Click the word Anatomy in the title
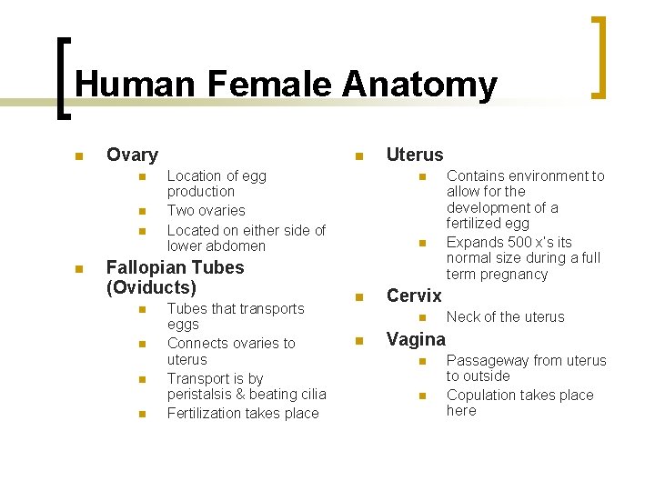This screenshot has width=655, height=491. coord(419,85)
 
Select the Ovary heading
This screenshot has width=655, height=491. coord(132,155)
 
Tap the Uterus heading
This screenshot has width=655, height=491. coord(415,155)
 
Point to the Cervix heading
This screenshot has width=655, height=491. coord(414,296)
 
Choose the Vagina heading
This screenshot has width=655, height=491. coord(416,339)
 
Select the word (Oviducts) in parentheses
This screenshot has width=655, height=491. coord(151,287)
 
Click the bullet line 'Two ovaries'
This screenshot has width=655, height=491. coord(206,210)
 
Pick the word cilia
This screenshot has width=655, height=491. coord(309,394)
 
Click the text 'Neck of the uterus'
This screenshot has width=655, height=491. coord(505,316)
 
